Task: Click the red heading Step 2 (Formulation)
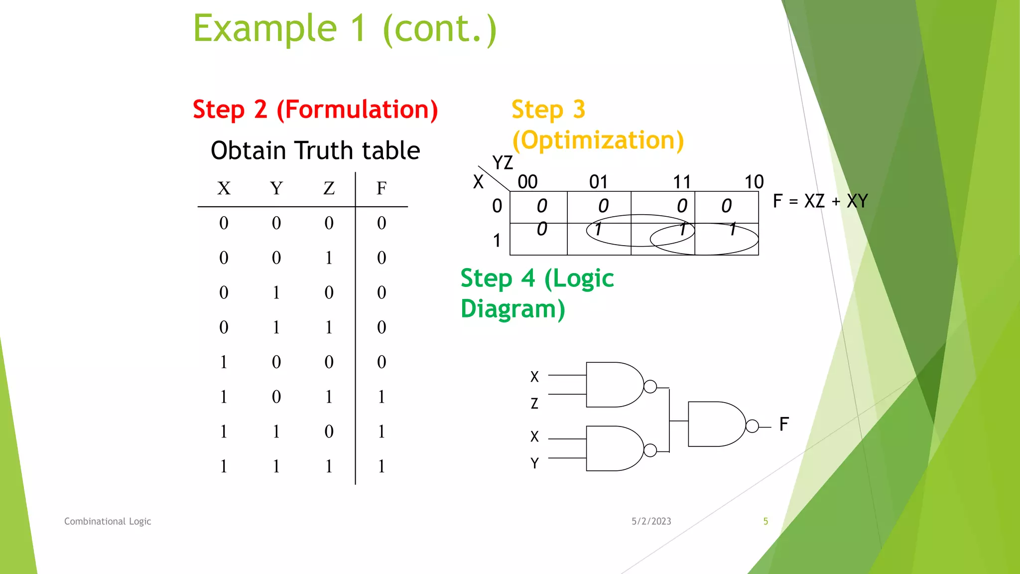[315, 110]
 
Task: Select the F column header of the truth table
[382, 188]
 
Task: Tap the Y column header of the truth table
[276, 188]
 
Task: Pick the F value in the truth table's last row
[382, 466]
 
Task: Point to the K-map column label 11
[682, 182]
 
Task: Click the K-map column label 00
[527, 182]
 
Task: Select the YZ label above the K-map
[502, 163]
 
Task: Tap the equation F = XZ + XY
[820, 201]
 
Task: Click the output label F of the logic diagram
[784, 425]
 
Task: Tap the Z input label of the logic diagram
[534, 403]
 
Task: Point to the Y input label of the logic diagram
[534, 463]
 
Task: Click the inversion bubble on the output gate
[752, 426]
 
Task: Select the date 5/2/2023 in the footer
[651, 521]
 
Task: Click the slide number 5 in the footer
[765, 521]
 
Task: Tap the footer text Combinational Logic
[108, 521]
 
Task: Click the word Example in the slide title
[265, 29]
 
